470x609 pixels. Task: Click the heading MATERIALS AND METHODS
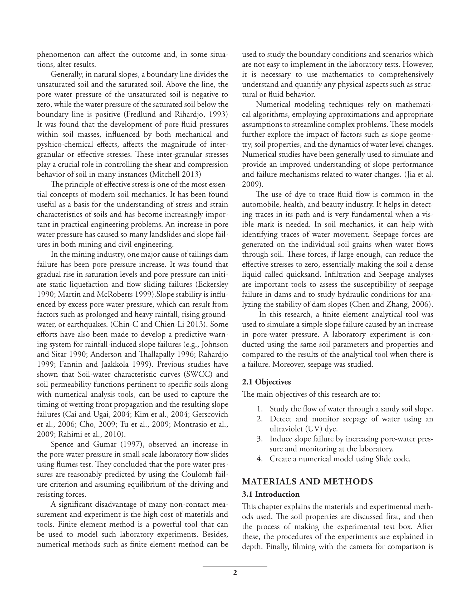307,482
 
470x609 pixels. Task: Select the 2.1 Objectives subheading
266,382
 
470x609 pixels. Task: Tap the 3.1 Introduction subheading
271,494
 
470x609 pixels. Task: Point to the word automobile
261,204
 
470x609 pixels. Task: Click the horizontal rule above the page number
235,567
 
